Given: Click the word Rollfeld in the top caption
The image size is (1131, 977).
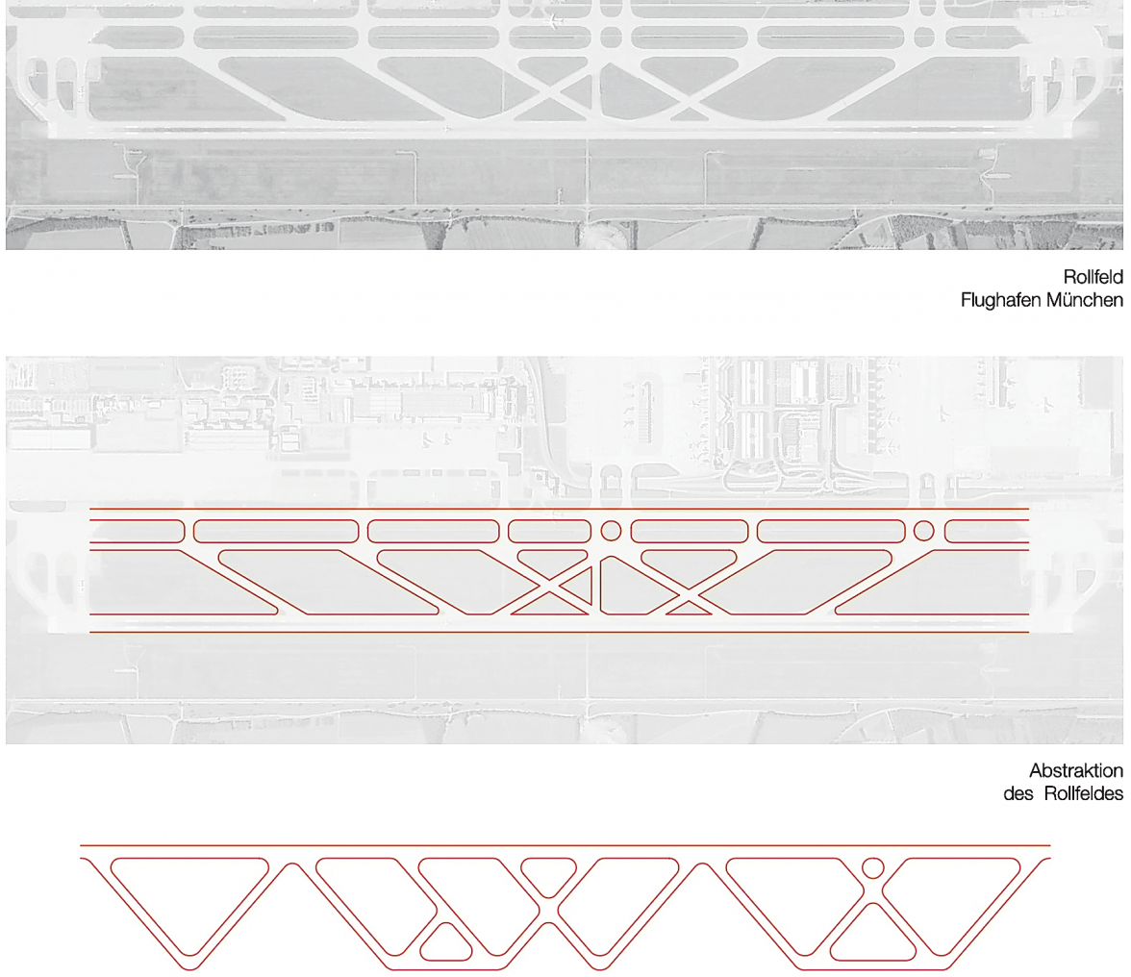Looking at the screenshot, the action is tap(1093, 278).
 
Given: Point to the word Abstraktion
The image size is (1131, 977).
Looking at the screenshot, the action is tap(1076, 771).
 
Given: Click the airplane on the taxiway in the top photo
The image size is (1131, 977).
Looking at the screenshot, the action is tap(553, 20).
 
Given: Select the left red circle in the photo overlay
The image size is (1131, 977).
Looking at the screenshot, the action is tap(610, 530).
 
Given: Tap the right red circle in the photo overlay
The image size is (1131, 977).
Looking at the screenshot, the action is tap(923, 530).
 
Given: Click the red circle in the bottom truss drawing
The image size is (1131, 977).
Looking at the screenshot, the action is tap(872, 866).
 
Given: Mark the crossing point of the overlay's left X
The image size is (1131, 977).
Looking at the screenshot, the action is tap(552, 589).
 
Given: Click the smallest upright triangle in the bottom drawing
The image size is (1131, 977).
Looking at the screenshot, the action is tap(445, 943).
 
